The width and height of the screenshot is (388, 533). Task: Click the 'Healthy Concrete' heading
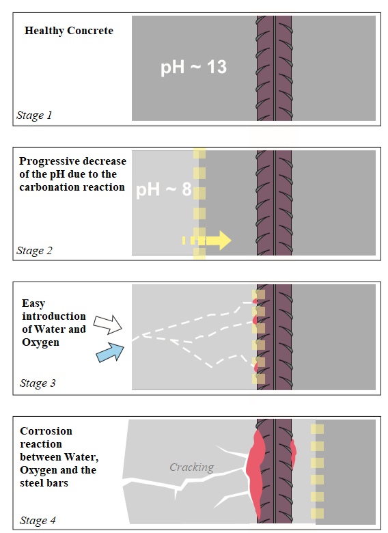point(69,31)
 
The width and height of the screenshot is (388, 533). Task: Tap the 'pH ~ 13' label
point(193,67)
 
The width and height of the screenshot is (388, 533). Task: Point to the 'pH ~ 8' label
point(164,189)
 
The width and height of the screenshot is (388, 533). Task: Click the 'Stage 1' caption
point(34,115)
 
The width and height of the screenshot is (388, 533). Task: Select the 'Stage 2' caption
point(34,251)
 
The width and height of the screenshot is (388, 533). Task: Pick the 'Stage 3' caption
point(38,383)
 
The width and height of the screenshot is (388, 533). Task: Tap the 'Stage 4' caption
point(38,521)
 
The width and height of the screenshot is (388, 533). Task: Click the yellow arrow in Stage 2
point(207,241)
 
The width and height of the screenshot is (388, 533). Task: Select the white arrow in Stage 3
point(108,325)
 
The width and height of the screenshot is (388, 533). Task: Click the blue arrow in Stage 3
point(111,353)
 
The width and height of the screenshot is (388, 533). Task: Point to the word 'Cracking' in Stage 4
point(192,467)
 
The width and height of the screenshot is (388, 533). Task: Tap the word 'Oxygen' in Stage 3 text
point(40,342)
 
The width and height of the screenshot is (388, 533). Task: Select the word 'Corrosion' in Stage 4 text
point(46,431)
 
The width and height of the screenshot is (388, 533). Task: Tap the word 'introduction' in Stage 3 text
point(54,316)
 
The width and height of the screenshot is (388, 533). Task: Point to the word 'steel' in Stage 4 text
point(31,483)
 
